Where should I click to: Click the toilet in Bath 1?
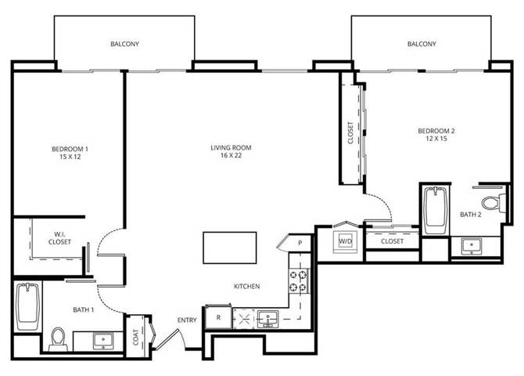point(58,339)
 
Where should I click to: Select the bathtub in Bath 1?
point(27,306)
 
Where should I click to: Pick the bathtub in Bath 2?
point(436,210)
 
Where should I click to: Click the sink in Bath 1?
point(103,341)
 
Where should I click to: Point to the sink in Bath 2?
point(472,246)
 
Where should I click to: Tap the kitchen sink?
point(267,318)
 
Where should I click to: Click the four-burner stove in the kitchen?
point(298,281)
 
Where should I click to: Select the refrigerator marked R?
point(218,316)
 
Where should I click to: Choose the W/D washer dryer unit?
point(345,240)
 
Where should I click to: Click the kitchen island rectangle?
point(230,248)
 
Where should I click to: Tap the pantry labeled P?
point(300,243)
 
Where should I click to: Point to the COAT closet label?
point(135,337)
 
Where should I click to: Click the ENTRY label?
point(187,320)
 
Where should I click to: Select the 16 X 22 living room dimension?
point(231,156)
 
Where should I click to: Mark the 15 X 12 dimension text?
point(70,157)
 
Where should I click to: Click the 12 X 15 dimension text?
point(436,139)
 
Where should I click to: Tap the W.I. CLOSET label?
point(59,238)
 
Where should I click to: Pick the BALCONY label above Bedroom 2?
point(422,44)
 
